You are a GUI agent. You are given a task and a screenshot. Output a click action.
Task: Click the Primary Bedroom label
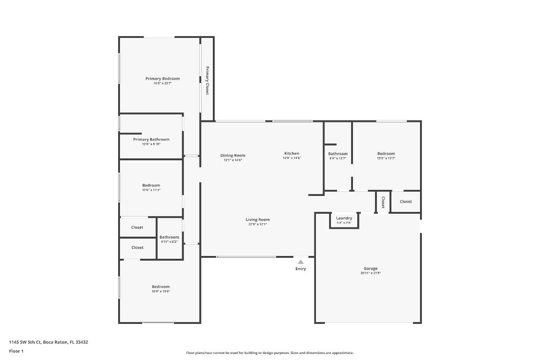162,79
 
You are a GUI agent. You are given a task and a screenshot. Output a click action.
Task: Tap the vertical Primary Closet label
207,81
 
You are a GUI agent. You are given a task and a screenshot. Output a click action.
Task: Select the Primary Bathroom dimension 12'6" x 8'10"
151,144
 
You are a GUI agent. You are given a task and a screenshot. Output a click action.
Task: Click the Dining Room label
233,156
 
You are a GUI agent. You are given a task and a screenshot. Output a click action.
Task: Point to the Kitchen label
292,154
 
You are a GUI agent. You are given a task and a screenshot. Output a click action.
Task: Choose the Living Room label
258,219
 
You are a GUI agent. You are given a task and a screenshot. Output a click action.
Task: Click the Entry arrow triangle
300,262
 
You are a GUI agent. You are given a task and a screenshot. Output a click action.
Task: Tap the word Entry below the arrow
300,269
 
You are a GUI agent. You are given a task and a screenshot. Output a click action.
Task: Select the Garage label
370,269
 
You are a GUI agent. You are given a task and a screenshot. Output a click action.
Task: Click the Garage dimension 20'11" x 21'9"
370,273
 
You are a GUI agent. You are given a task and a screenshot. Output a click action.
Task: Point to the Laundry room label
344,218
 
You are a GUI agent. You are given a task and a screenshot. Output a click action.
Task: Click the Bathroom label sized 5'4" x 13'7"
338,154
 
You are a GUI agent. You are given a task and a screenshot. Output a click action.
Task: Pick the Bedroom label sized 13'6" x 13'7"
386,154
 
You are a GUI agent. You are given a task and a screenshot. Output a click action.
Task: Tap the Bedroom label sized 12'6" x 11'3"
151,186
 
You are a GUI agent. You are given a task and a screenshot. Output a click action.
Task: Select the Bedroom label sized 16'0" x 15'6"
161,287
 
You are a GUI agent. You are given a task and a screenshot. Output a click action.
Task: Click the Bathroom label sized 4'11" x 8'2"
169,237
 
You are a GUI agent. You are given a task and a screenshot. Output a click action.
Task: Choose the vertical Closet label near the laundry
383,202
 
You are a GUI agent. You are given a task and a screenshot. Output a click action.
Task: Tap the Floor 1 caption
16,351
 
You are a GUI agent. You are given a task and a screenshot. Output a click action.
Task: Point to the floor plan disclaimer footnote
270,353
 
